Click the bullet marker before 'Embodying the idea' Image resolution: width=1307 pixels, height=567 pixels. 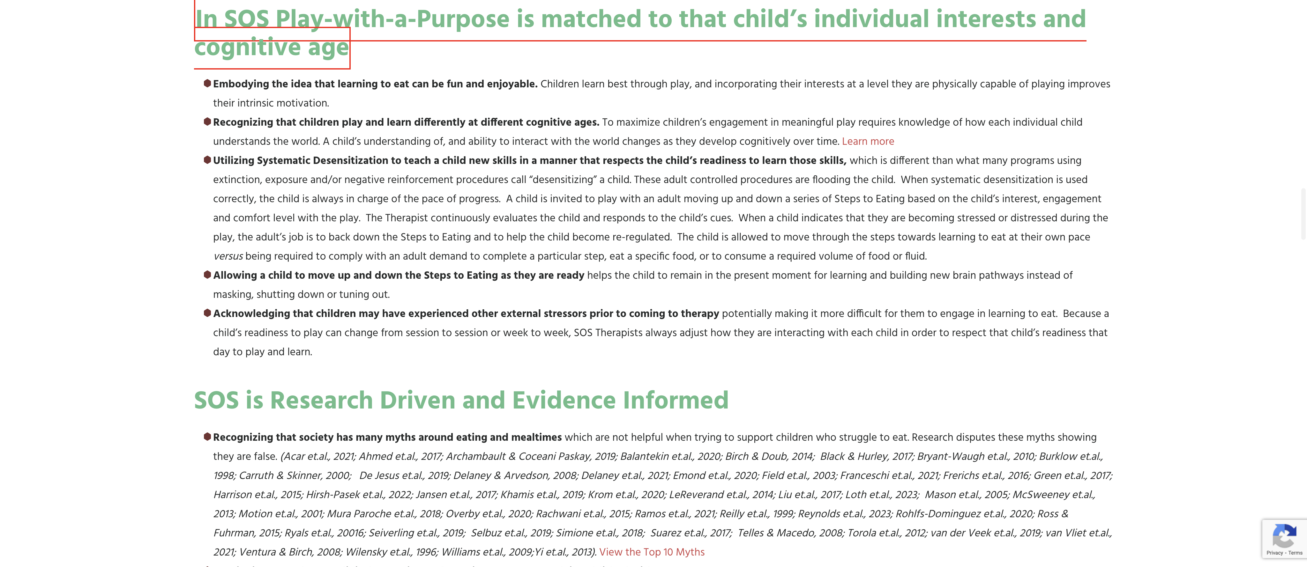click(207, 83)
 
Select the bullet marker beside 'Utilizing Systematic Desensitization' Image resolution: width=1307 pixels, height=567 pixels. click(207, 160)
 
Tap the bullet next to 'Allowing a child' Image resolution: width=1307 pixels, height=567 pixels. click(207, 275)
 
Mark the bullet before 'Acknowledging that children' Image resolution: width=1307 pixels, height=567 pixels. click(207, 313)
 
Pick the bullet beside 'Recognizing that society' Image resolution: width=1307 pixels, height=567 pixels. click(207, 437)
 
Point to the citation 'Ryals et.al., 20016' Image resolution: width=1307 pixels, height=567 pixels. click(324, 533)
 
